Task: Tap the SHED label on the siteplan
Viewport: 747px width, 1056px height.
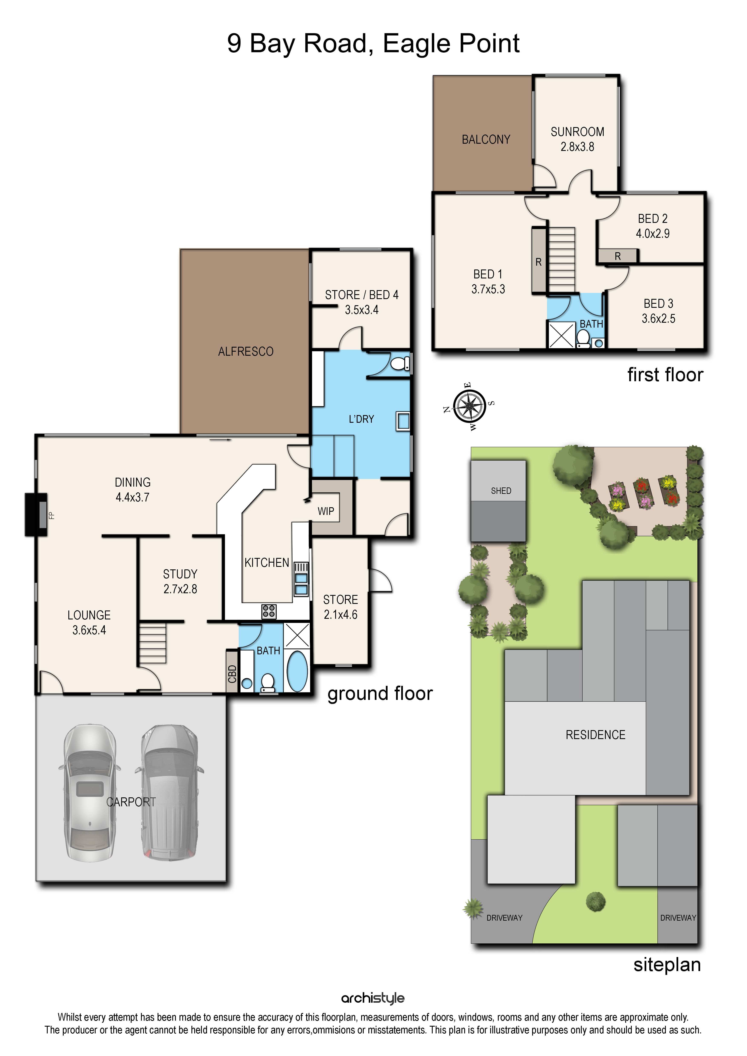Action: (501, 491)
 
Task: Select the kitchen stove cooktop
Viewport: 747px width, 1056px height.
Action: (269, 611)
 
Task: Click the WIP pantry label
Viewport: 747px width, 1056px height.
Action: (326, 511)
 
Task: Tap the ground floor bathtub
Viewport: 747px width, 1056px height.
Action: (297, 671)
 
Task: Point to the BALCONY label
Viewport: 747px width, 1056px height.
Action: (486, 139)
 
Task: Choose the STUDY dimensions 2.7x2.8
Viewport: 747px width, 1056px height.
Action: (180, 589)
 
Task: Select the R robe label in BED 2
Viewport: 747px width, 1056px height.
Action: (618, 256)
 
